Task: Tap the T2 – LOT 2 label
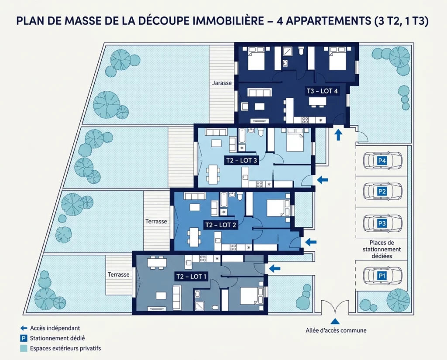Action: (x=220, y=225)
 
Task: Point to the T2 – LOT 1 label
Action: (x=192, y=276)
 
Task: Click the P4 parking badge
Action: (x=382, y=161)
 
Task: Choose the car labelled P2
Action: (x=382, y=191)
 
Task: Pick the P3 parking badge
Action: (x=382, y=223)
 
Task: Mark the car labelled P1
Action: (x=382, y=275)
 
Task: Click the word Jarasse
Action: (x=222, y=82)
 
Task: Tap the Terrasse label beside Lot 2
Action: (x=156, y=221)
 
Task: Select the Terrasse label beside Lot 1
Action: (x=119, y=274)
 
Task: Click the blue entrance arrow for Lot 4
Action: (x=338, y=134)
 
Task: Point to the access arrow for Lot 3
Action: (x=322, y=179)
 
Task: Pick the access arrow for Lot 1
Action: (x=274, y=268)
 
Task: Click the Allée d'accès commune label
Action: (x=336, y=330)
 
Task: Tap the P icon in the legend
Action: (x=24, y=338)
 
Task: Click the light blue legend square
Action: (x=24, y=348)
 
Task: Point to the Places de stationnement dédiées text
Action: (x=382, y=249)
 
